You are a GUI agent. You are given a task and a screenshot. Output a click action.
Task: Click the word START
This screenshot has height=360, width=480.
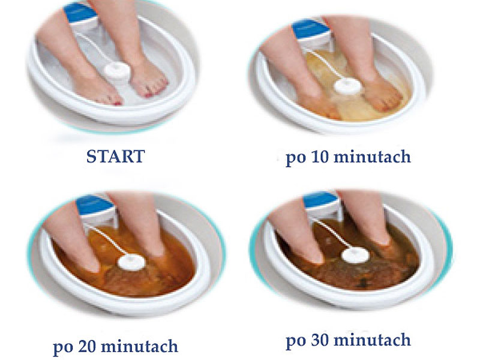point(115,157)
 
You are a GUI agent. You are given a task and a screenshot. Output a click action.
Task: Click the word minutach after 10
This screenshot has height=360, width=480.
point(372,157)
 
